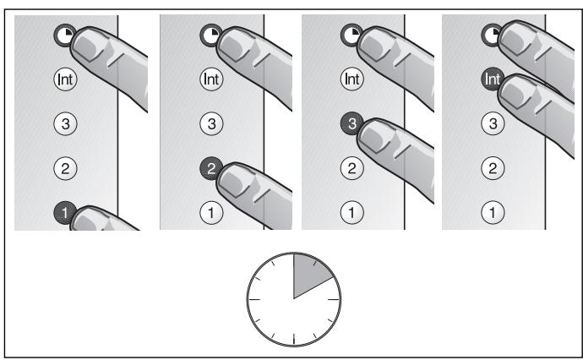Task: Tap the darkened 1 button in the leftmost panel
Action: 63,209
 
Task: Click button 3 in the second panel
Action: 207,123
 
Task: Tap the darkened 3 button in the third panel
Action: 348,123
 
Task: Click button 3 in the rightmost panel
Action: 490,123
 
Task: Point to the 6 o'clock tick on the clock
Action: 293,340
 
